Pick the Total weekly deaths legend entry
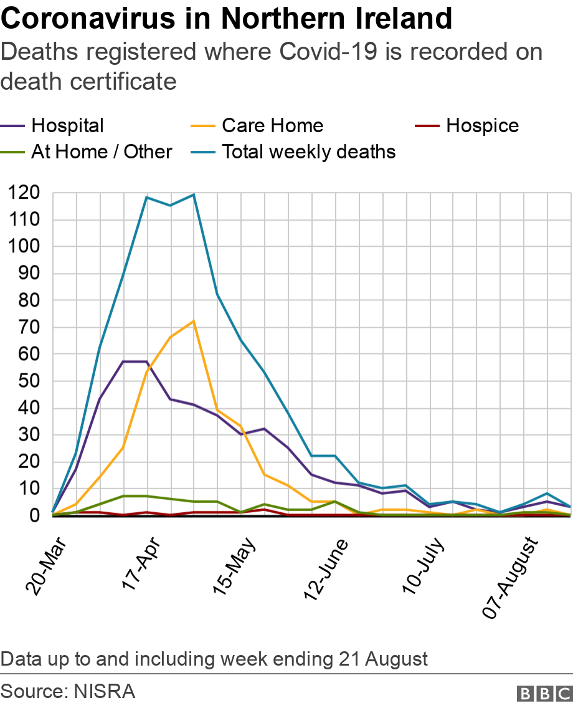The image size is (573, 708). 308,151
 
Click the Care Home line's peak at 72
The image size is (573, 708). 194,322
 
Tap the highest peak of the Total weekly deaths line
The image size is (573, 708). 194,194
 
